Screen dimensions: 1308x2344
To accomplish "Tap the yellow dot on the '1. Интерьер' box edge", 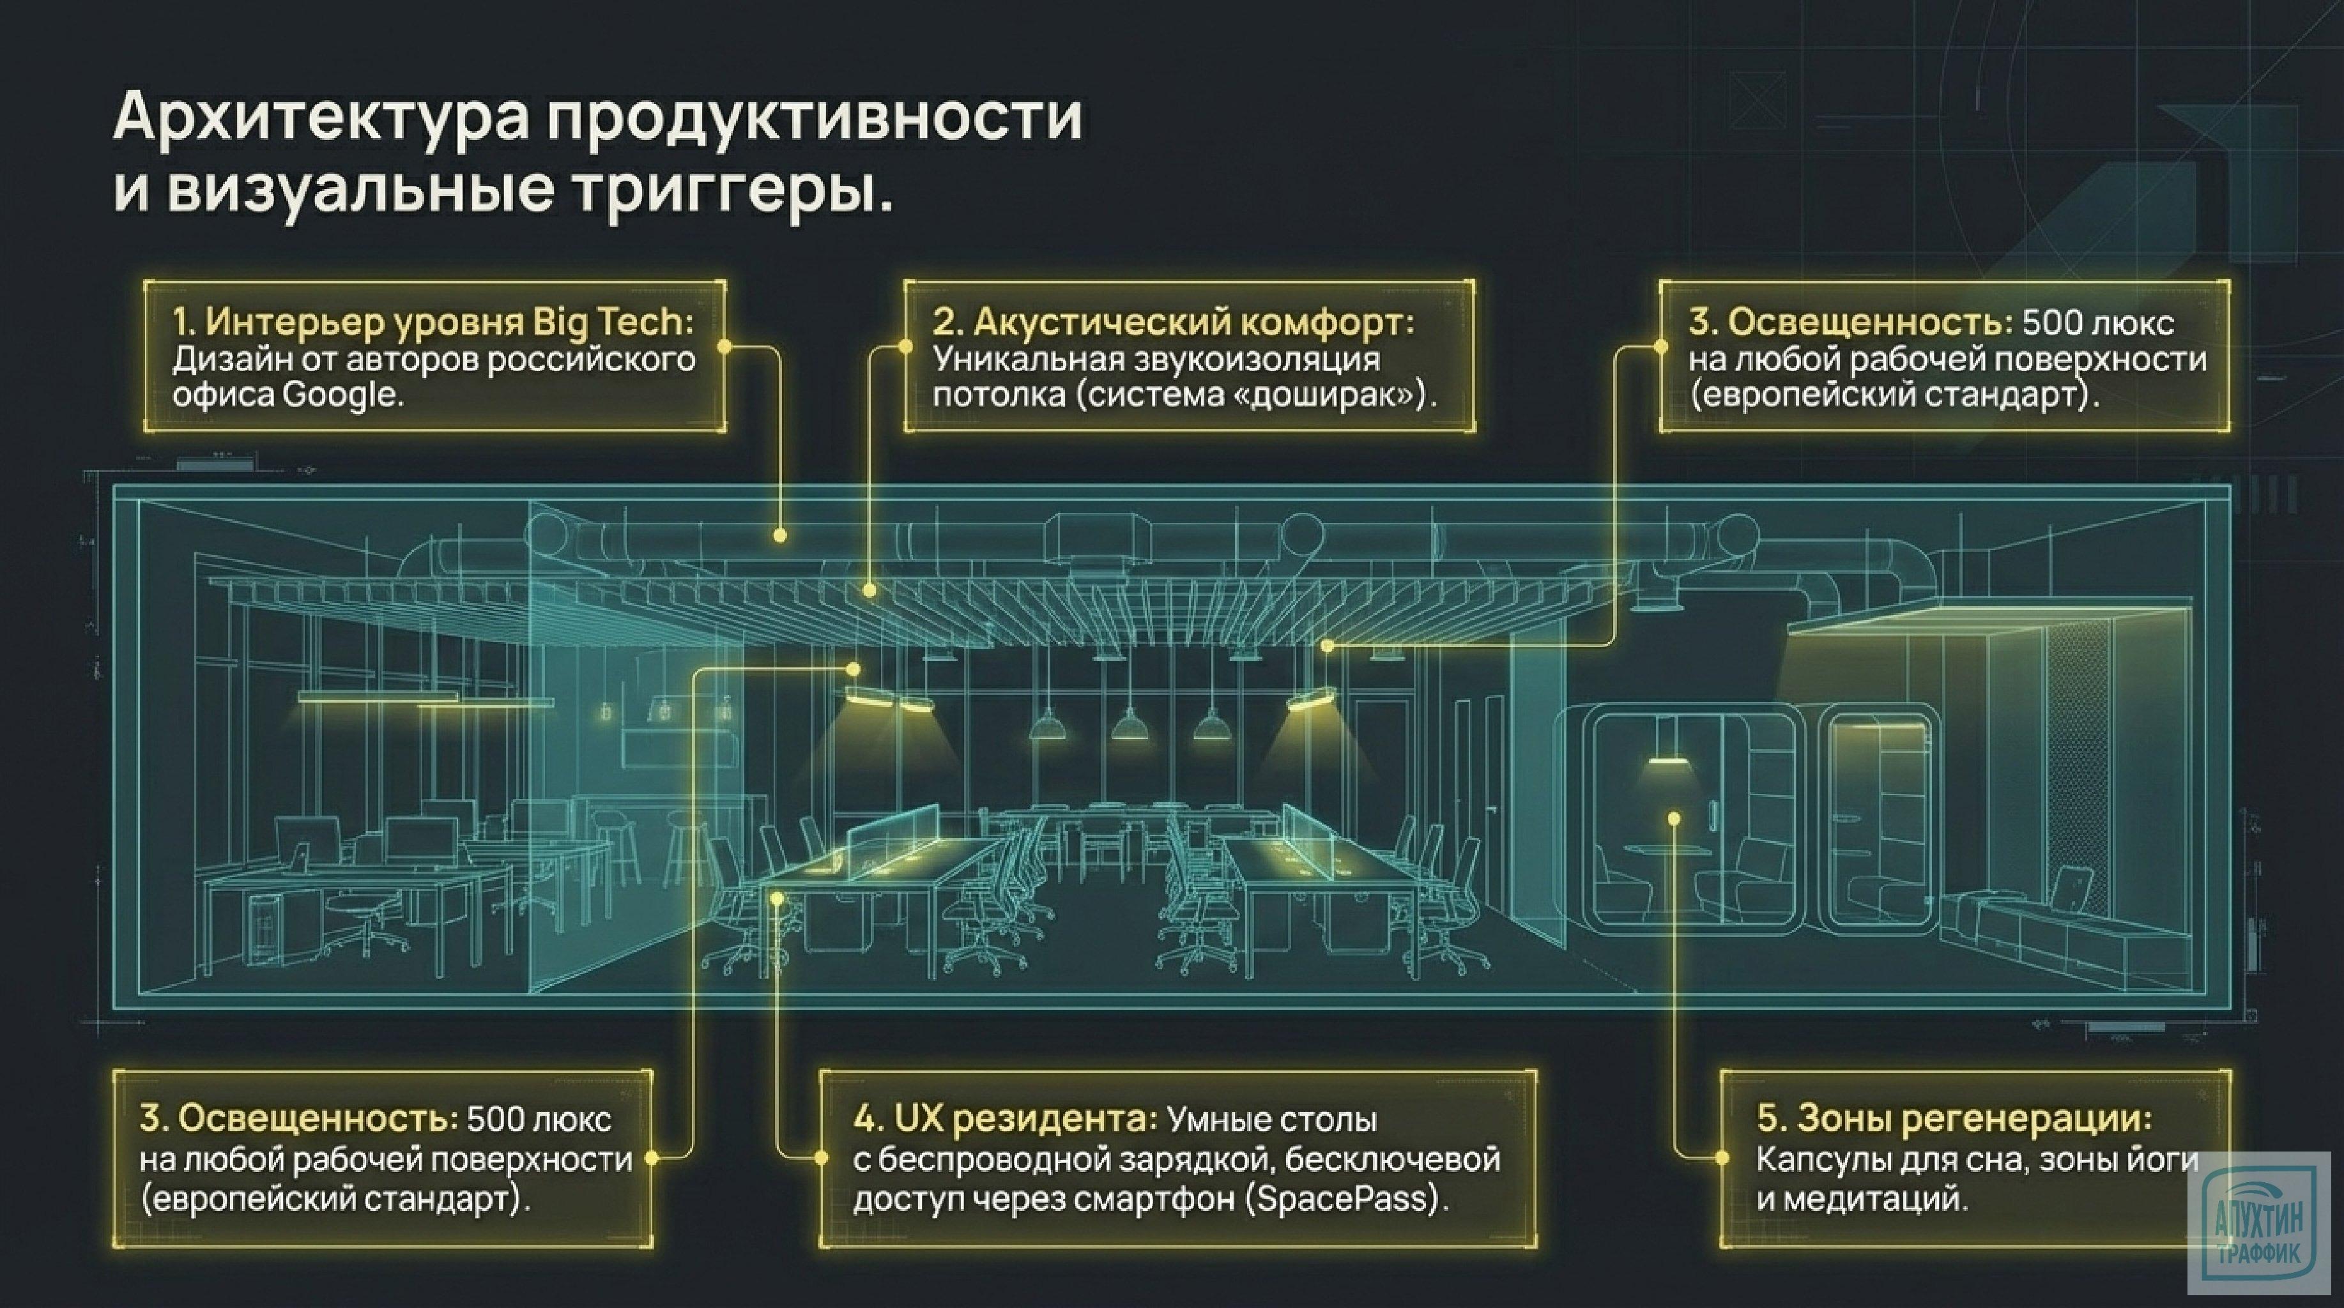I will tap(724, 347).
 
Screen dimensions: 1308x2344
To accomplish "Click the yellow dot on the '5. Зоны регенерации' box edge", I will tap(1722, 1158).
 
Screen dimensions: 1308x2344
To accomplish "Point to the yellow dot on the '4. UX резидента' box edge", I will tap(821, 1158).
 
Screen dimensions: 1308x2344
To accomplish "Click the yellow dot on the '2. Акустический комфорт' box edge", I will tap(905, 347).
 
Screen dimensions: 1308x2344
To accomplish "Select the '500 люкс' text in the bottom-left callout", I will tap(539, 1119).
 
